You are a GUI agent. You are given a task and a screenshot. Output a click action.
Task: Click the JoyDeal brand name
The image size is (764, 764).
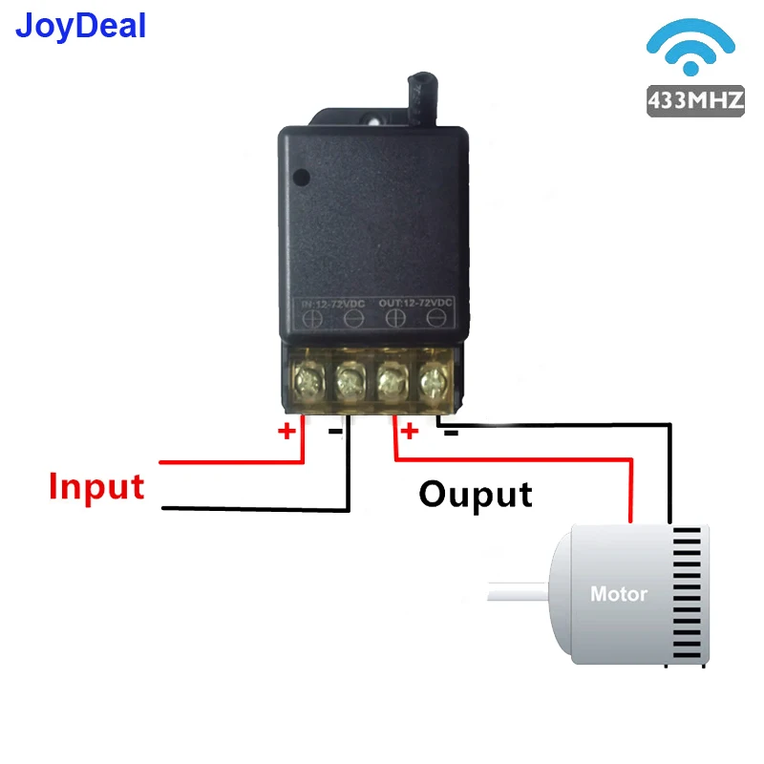point(81,26)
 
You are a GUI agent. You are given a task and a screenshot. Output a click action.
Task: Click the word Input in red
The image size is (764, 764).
point(96,486)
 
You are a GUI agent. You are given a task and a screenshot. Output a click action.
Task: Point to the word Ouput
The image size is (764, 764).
point(476,494)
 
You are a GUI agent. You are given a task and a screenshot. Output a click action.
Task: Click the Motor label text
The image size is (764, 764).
point(619,594)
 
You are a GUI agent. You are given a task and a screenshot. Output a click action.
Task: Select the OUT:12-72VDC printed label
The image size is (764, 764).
point(415,304)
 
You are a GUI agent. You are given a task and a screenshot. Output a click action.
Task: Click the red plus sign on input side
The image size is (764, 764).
point(286,432)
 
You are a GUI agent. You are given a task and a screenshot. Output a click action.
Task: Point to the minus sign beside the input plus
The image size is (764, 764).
point(335,432)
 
